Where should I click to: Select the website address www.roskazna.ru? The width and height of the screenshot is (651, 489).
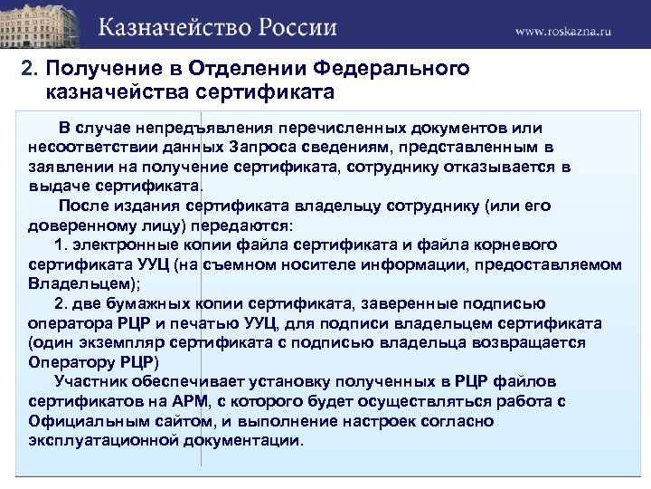(563, 30)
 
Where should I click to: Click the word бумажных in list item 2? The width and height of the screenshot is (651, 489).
(137, 303)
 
